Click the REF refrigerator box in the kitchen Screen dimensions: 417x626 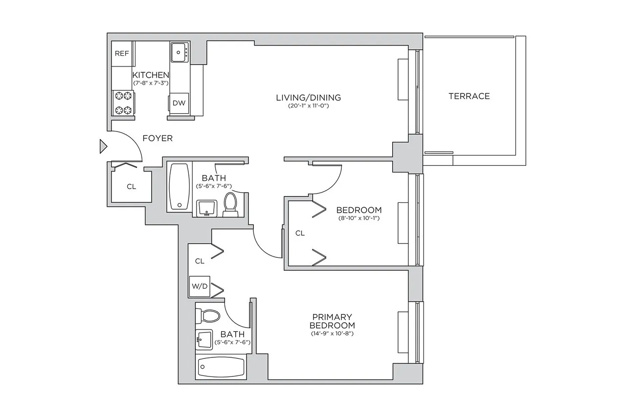pos(122,53)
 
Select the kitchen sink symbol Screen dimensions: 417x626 pos(179,52)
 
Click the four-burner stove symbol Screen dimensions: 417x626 pos(123,103)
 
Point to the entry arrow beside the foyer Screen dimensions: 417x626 pos(103,146)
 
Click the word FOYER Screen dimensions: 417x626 pos(157,138)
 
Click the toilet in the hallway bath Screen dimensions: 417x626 pos(230,204)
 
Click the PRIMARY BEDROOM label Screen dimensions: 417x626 pos(332,321)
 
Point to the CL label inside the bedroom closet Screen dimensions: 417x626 pos(300,233)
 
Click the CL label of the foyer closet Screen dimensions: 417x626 pos(131,186)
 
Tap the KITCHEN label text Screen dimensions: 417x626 pos(151,75)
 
